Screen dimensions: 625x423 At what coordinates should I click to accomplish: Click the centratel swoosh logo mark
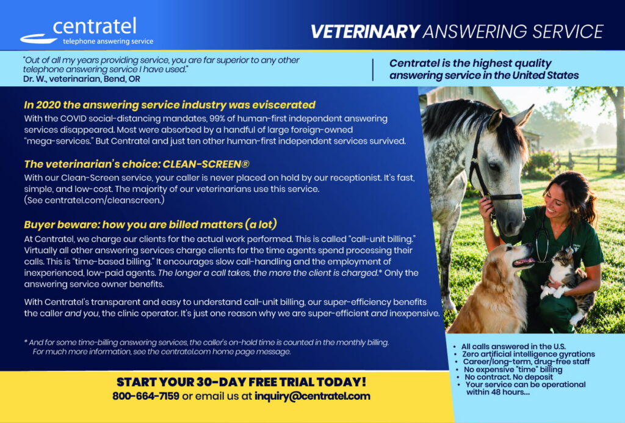[38, 39]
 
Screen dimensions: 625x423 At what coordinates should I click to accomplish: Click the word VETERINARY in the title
[365, 32]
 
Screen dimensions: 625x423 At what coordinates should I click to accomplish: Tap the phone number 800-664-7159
[145, 396]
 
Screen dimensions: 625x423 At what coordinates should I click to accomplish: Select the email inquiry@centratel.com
[312, 396]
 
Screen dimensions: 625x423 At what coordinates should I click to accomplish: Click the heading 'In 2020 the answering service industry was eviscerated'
[170, 105]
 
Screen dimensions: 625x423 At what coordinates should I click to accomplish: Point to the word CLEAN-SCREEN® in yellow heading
[206, 164]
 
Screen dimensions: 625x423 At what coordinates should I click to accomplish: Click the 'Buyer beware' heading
[150, 224]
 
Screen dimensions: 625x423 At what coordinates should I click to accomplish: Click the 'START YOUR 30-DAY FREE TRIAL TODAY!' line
[241, 382]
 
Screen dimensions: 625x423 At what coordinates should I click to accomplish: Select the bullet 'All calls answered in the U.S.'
[513, 347]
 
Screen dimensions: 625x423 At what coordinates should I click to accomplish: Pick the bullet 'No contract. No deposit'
[508, 377]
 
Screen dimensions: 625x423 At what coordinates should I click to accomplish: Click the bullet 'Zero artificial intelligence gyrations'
[528, 354]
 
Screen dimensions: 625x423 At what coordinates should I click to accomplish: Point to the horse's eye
[494, 166]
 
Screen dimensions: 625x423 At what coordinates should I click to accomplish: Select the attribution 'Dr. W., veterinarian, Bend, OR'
[82, 79]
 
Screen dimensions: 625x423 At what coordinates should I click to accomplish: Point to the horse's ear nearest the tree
[523, 115]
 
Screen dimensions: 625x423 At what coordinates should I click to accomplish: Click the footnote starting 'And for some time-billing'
[206, 347]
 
